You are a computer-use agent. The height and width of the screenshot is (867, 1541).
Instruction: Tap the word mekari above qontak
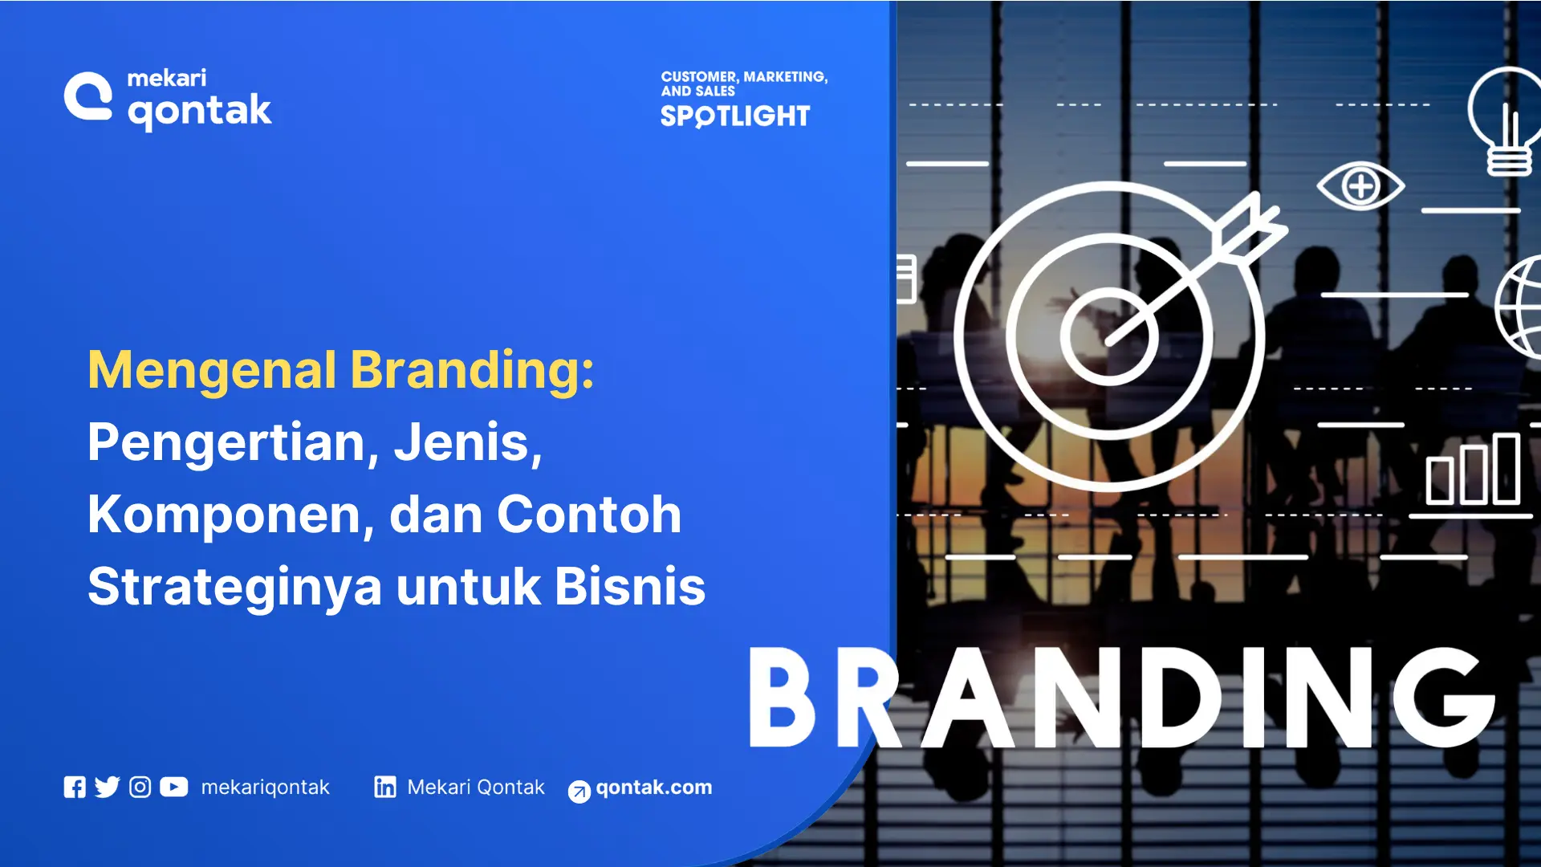pyautogui.click(x=167, y=78)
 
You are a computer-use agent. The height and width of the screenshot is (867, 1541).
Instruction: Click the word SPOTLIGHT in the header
pyautogui.click(x=735, y=116)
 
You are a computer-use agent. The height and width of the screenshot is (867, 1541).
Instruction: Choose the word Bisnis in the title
pyautogui.click(x=630, y=587)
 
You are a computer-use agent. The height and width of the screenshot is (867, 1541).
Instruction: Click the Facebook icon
pyautogui.click(x=75, y=788)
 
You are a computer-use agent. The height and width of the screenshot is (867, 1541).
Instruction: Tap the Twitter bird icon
pyautogui.click(x=107, y=788)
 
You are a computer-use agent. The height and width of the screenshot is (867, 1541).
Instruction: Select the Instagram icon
pyautogui.click(x=140, y=788)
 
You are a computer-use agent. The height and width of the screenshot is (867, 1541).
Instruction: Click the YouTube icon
pyautogui.click(x=174, y=788)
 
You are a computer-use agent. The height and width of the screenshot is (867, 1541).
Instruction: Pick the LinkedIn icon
pyautogui.click(x=385, y=788)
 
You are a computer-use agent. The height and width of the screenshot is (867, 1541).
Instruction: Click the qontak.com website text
pyautogui.click(x=653, y=788)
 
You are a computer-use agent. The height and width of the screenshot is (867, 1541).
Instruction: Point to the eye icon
pyautogui.click(x=1360, y=186)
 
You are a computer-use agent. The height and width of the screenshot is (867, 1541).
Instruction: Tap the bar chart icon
pyautogui.click(x=1473, y=470)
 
